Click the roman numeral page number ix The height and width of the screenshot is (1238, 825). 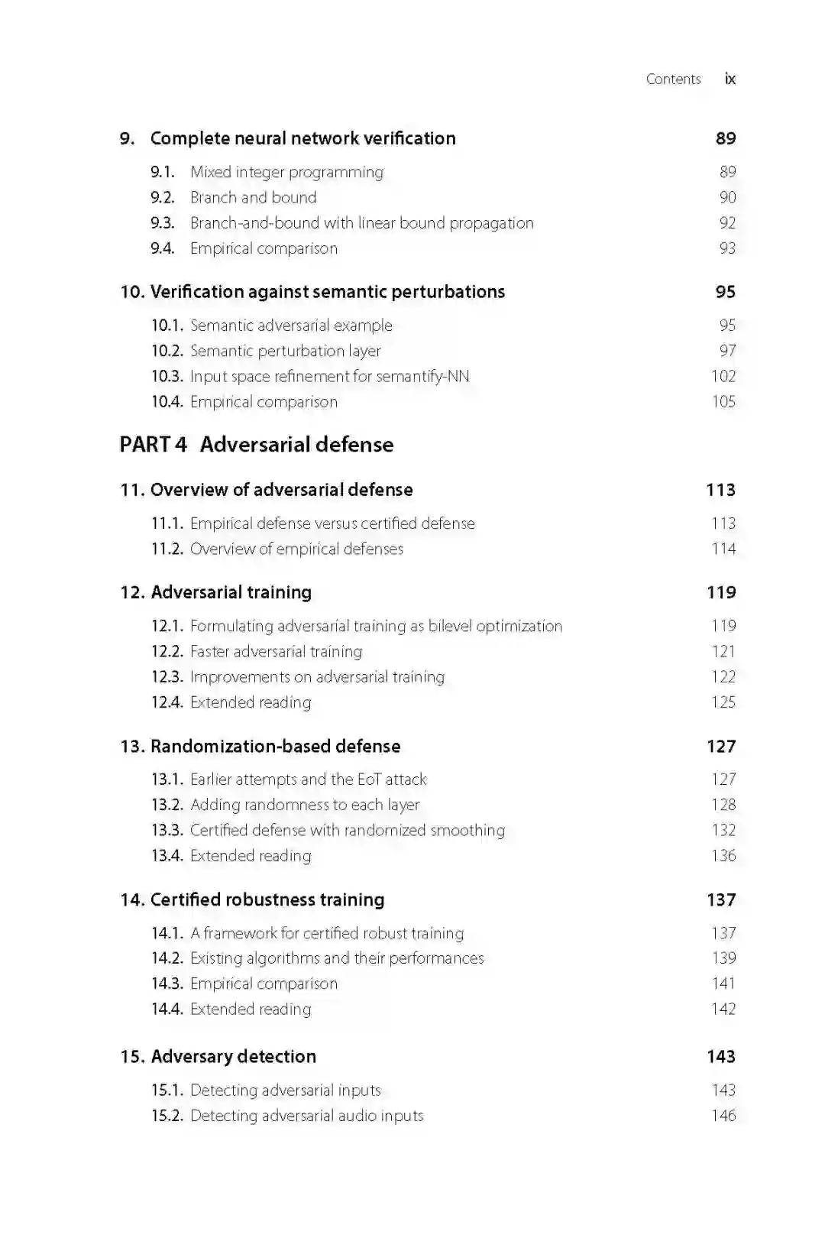(730, 79)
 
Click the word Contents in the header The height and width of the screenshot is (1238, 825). (673, 79)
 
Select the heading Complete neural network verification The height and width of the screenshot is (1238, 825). (302, 138)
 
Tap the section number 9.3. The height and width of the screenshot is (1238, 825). (162, 223)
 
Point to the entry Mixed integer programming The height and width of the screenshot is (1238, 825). (286, 172)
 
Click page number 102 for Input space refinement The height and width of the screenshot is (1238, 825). (723, 376)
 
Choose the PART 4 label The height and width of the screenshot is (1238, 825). (153, 445)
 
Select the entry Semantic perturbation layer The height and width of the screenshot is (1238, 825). (285, 351)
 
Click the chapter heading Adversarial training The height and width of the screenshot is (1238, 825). (231, 592)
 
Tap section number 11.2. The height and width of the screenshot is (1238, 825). (167, 549)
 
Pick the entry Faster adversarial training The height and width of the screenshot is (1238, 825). (276, 651)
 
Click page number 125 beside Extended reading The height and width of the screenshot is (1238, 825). (723, 702)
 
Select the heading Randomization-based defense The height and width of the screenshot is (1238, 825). (275, 746)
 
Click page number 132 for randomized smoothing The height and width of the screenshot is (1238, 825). (723, 830)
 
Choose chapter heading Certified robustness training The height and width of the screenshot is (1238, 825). (267, 899)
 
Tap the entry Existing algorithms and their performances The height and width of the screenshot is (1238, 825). (336, 958)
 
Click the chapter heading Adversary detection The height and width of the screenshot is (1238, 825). (233, 1056)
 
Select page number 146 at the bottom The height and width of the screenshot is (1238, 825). (723, 1116)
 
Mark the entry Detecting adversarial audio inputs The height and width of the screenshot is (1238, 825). (306, 1116)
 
